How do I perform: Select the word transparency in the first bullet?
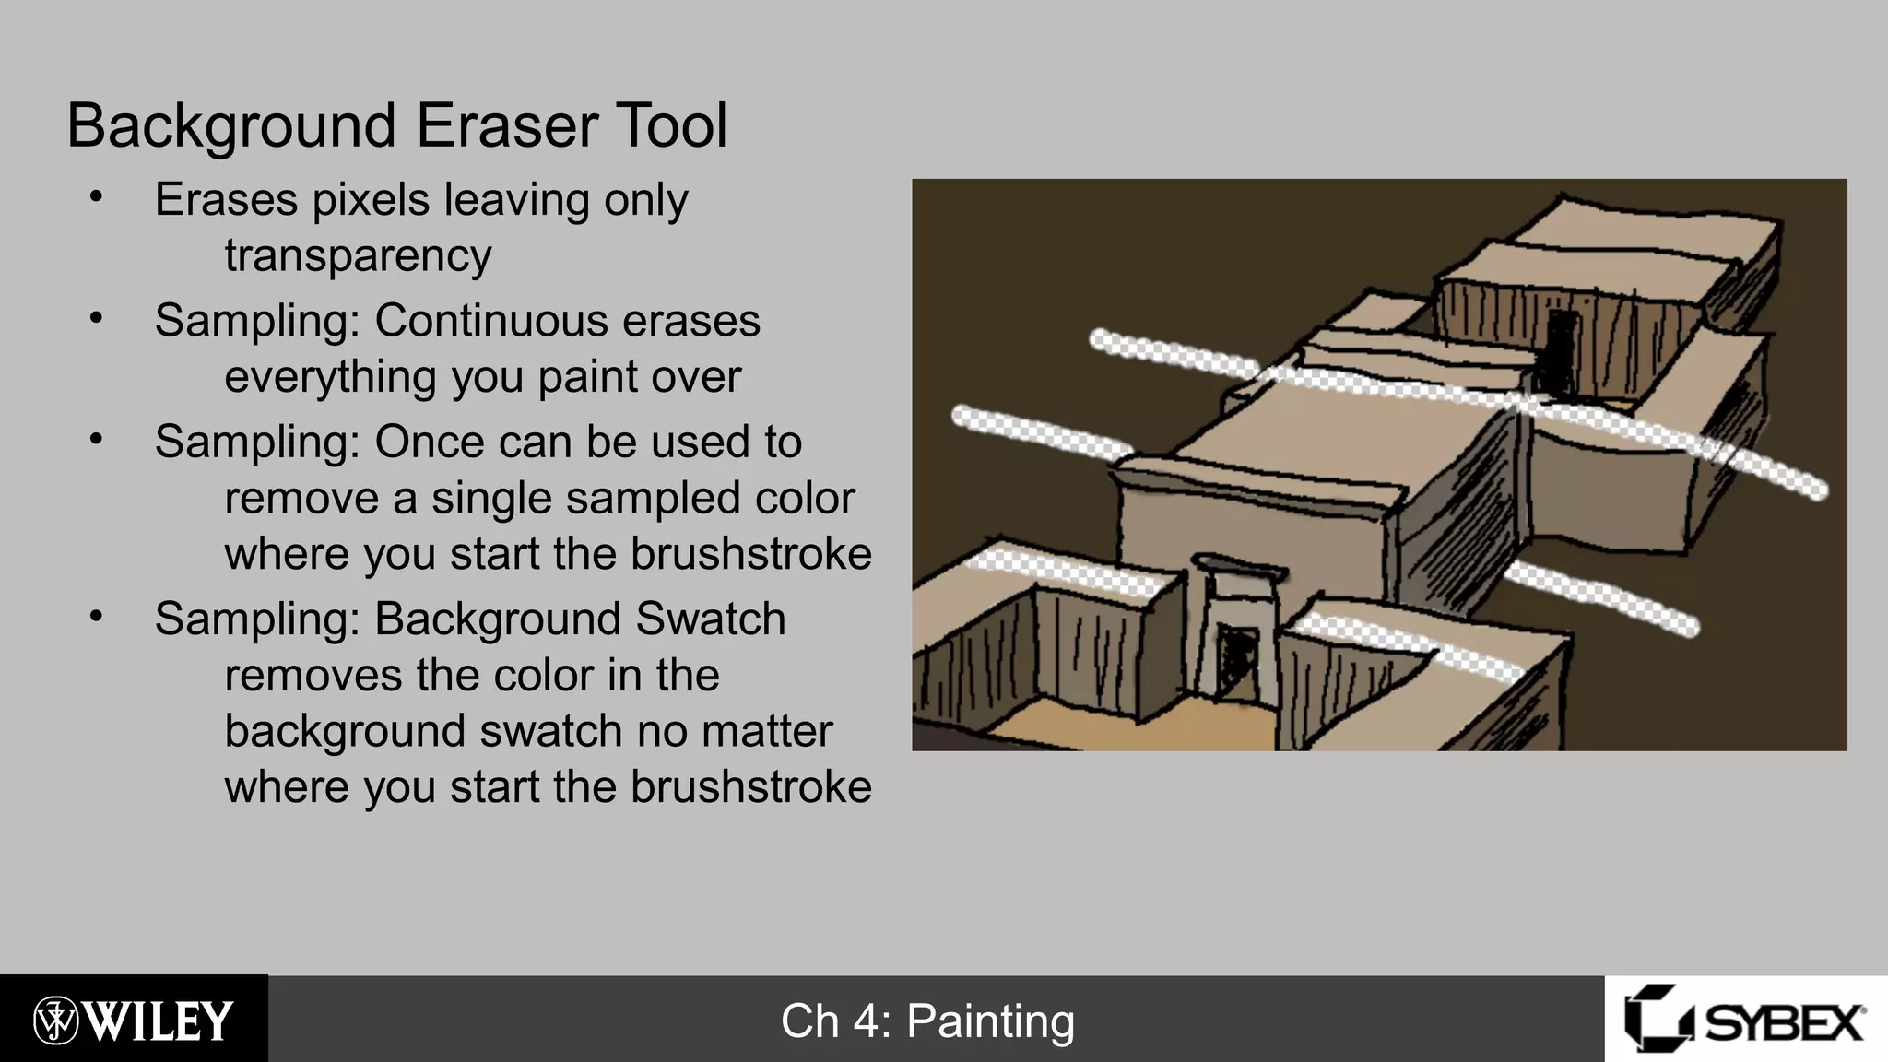[x=358, y=255]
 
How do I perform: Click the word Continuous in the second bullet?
[x=490, y=321]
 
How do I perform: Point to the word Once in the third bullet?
[x=427, y=442]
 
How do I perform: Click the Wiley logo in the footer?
[x=134, y=1020]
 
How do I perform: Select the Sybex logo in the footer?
[x=1745, y=1020]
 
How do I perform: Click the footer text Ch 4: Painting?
[x=927, y=1021]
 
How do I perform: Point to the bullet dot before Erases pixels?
[x=96, y=197]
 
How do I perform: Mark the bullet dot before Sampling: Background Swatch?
[x=96, y=617]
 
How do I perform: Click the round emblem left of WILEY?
[x=56, y=1020]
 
